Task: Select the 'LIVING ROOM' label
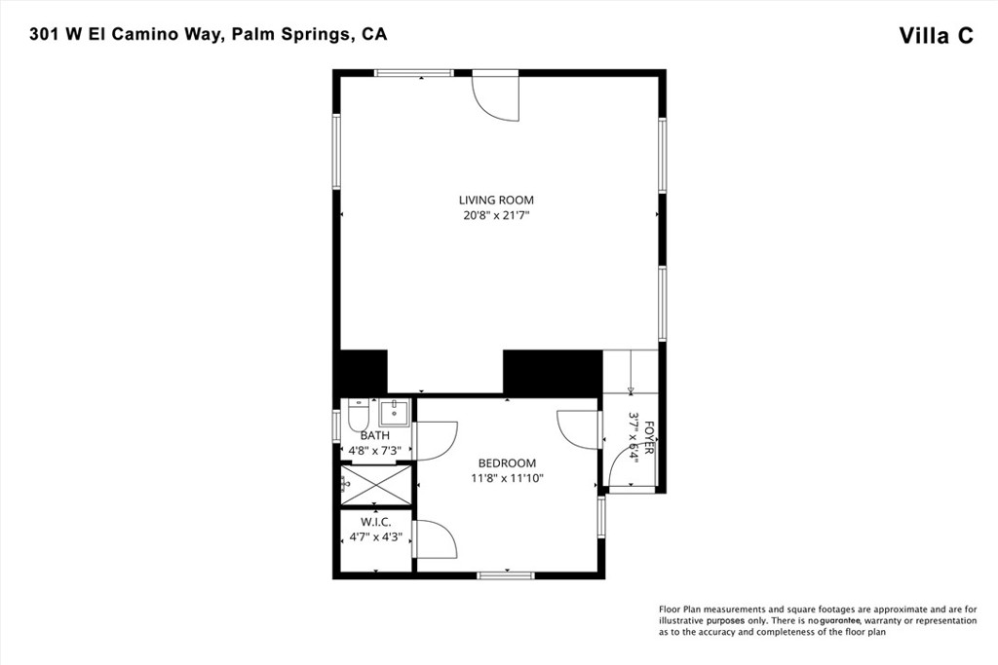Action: tap(497, 201)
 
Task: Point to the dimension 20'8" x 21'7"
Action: tap(497, 215)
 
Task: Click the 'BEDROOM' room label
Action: tap(507, 463)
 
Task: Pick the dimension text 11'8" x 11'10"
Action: tap(507, 478)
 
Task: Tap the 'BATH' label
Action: tap(375, 436)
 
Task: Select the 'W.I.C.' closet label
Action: tap(375, 522)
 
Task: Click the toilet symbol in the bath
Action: tap(358, 414)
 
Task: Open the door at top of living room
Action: tap(496, 96)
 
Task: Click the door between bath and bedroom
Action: tap(435, 437)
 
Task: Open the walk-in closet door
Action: tap(435, 539)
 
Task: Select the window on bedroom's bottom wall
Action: tap(506, 575)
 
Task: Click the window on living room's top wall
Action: tap(414, 73)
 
